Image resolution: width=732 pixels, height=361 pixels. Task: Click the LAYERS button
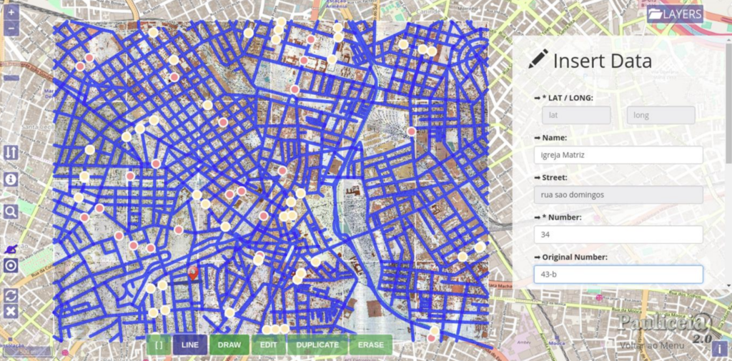pos(675,14)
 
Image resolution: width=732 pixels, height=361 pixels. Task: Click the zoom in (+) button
pos(11,12)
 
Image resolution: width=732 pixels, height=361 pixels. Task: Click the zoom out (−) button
pos(11,29)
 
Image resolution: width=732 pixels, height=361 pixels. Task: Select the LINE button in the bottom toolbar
pos(190,345)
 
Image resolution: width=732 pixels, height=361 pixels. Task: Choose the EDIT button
pos(268,345)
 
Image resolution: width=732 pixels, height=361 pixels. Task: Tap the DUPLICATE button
pos(317,345)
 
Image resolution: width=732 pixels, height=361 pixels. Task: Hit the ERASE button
pos(371,345)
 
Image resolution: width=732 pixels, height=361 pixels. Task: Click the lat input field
pos(575,115)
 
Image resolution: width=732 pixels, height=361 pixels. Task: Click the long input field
pos(661,115)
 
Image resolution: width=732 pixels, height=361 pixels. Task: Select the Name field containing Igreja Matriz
pos(618,155)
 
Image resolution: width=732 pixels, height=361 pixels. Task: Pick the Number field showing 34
pos(618,234)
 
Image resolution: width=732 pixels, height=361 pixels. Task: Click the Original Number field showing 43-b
pos(618,274)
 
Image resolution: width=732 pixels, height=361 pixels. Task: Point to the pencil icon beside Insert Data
pos(538,60)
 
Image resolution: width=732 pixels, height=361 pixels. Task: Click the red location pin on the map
pos(192,272)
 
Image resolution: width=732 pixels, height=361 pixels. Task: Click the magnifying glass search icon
pos(11,211)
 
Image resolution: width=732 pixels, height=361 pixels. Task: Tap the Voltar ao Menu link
pos(652,346)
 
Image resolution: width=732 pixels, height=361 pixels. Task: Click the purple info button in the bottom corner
pos(720,348)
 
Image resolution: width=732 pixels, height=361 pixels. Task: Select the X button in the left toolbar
pos(11,311)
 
